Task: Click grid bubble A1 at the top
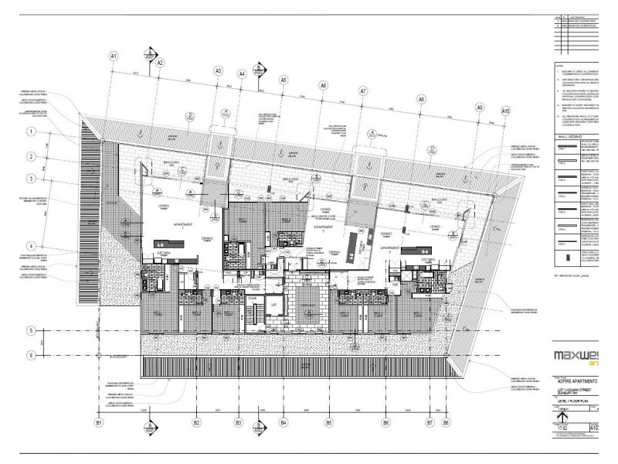pyautogui.click(x=113, y=56)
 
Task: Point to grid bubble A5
pyautogui.click(x=284, y=80)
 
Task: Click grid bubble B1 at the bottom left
pyautogui.click(x=99, y=423)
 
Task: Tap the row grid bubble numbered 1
pyautogui.click(x=32, y=132)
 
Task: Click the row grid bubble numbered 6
pyautogui.click(x=32, y=355)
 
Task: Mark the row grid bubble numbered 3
pyautogui.click(x=32, y=179)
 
